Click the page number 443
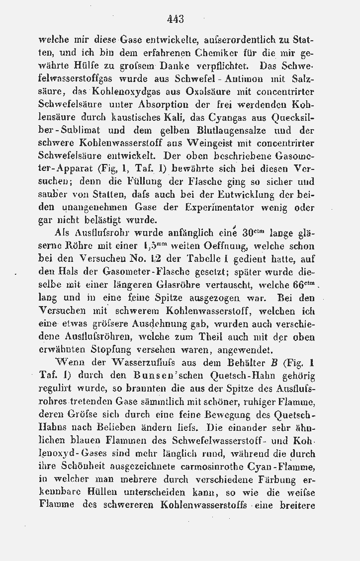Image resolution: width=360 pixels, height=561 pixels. [176, 19]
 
